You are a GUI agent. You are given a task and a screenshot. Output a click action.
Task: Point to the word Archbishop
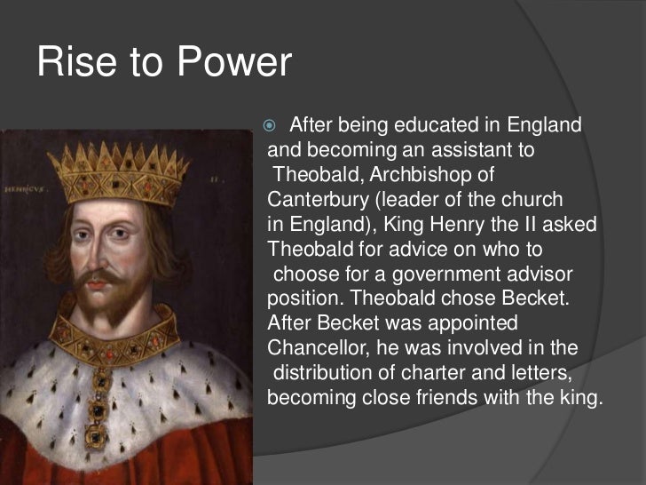click(x=451, y=175)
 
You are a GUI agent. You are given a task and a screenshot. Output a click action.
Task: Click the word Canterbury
click(x=315, y=199)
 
